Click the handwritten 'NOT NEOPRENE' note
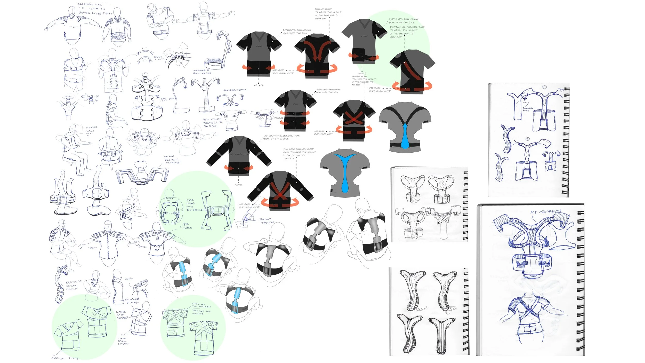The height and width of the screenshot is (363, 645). pyautogui.click(x=545, y=212)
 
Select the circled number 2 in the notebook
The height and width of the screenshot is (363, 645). pyautogui.click(x=527, y=139)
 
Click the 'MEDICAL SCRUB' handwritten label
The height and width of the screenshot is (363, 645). pyautogui.click(x=65, y=358)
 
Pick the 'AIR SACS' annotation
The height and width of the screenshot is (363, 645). pyautogui.click(x=187, y=226)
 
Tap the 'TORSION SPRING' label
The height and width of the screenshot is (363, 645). pyautogui.click(x=267, y=221)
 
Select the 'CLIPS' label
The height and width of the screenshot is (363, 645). pyautogui.click(x=129, y=279)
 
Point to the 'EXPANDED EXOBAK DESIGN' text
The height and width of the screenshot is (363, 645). pyautogui.click(x=74, y=285)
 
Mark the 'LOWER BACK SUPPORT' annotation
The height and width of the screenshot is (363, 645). pyautogui.click(x=124, y=341)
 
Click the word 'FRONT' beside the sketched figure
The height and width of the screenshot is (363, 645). pyautogui.click(x=92, y=248)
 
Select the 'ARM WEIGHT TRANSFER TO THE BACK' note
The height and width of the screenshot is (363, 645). pyautogui.click(x=212, y=122)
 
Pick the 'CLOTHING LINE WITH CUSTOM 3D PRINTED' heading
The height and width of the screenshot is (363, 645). pyautogui.click(x=95, y=9)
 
